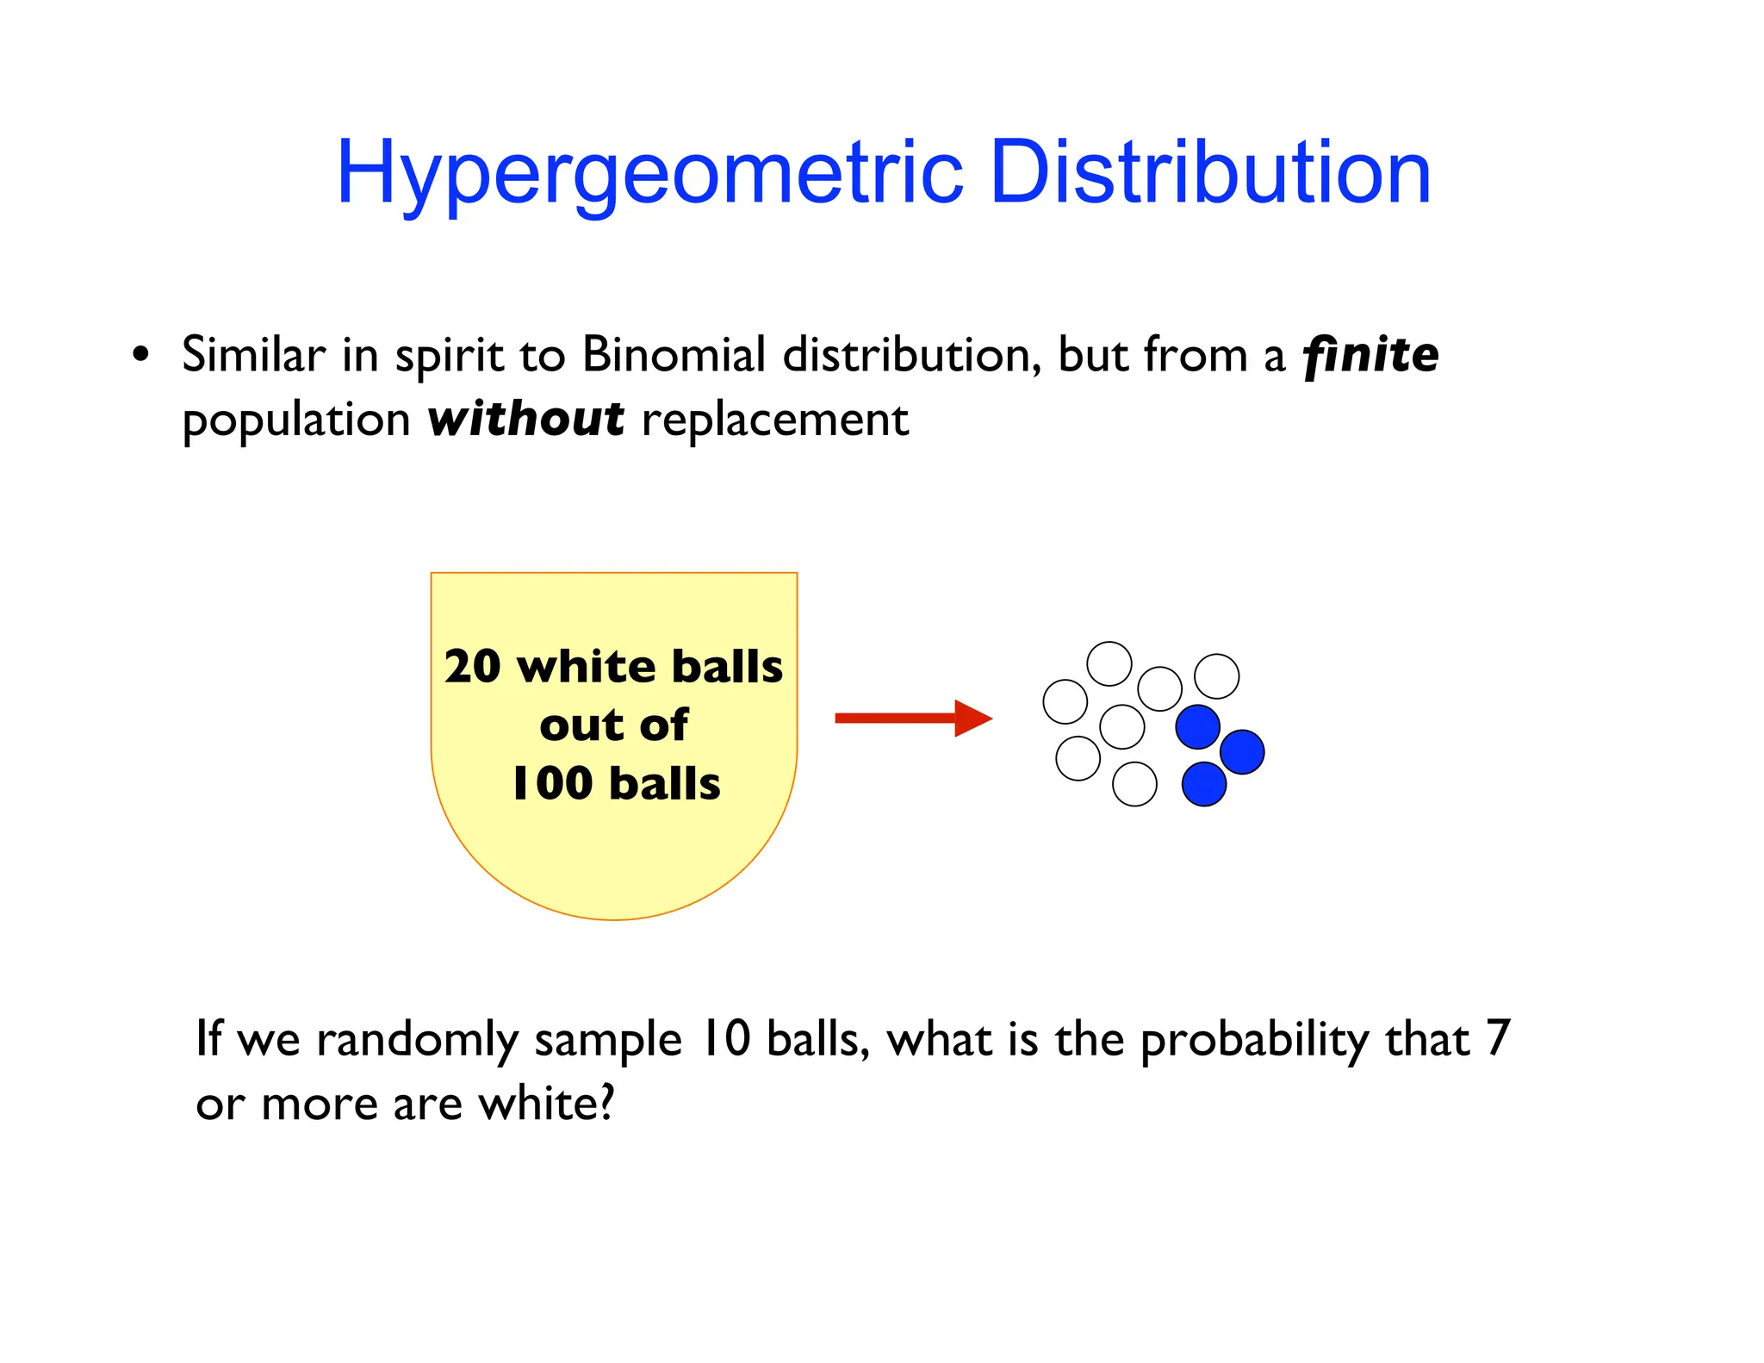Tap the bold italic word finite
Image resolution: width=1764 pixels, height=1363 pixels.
tap(1370, 355)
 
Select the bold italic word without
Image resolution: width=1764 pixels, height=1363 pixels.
tap(525, 420)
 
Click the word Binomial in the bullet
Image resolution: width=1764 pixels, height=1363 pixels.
tap(674, 355)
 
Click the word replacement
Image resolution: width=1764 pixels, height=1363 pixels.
tap(774, 420)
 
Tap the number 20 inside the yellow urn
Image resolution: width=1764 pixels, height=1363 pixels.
tap(473, 667)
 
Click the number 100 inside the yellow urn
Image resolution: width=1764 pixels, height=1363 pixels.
tap(552, 784)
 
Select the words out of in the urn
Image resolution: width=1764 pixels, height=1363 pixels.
tap(613, 725)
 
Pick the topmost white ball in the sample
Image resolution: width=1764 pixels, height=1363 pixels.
tap(1109, 663)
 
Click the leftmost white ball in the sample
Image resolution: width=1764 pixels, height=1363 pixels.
tap(1065, 701)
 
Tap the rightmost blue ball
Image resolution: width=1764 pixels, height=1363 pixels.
tap(1242, 751)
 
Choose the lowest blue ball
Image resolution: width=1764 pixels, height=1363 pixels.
tap(1203, 784)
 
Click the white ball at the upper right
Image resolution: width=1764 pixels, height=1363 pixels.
tap(1216, 676)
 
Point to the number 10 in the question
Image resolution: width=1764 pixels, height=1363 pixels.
tap(724, 1039)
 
